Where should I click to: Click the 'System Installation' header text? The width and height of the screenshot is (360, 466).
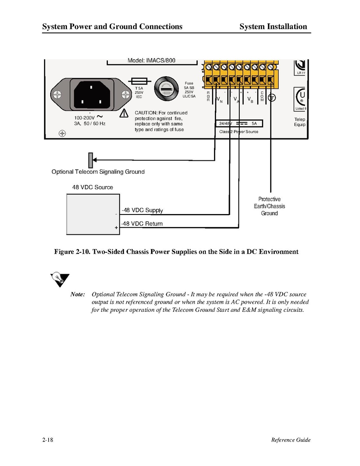(x=273, y=27)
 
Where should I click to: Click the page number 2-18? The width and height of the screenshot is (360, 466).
(x=48, y=440)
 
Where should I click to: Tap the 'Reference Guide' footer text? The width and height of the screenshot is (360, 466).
(x=291, y=440)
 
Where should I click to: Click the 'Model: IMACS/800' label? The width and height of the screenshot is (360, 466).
(x=151, y=61)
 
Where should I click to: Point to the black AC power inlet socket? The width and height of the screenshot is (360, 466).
(x=91, y=95)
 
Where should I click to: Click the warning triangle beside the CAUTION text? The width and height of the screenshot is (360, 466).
(x=124, y=113)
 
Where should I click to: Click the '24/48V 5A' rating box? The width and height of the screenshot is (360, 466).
(x=239, y=124)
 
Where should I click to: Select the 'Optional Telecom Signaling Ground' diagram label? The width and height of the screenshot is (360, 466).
(x=98, y=172)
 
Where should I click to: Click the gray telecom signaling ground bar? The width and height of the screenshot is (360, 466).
(x=90, y=159)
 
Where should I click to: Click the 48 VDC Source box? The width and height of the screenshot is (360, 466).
(x=93, y=214)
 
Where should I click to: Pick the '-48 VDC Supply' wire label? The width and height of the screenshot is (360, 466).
(x=142, y=210)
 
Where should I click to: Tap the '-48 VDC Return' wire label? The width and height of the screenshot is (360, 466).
(x=142, y=224)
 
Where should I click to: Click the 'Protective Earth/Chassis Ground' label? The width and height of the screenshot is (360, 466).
(x=269, y=206)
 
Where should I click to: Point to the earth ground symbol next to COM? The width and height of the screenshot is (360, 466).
(x=272, y=98)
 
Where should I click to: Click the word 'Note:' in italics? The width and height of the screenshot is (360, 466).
(x=77, y=294)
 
